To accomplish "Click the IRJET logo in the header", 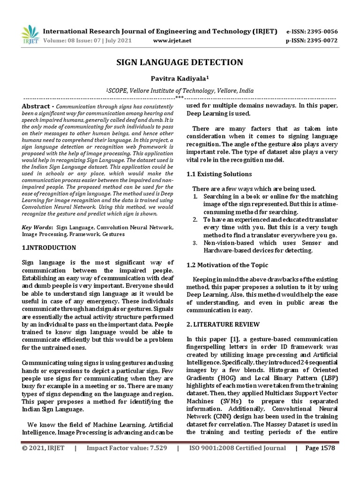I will pyautogui.click(x=30, y=36).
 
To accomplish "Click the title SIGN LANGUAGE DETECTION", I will pyautogui.click(x=180, y=62).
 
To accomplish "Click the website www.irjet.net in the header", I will pyautogui.click(x=172, y=41).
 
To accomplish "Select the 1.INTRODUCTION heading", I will pyautogui.click(x=49, y=247).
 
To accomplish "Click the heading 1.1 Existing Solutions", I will pyautogui.click(x=219, y=174).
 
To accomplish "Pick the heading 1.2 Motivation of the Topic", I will pyautogui.click(x=227, y=265).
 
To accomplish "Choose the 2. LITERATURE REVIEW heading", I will pyautogui.click(x=223, y=324).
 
